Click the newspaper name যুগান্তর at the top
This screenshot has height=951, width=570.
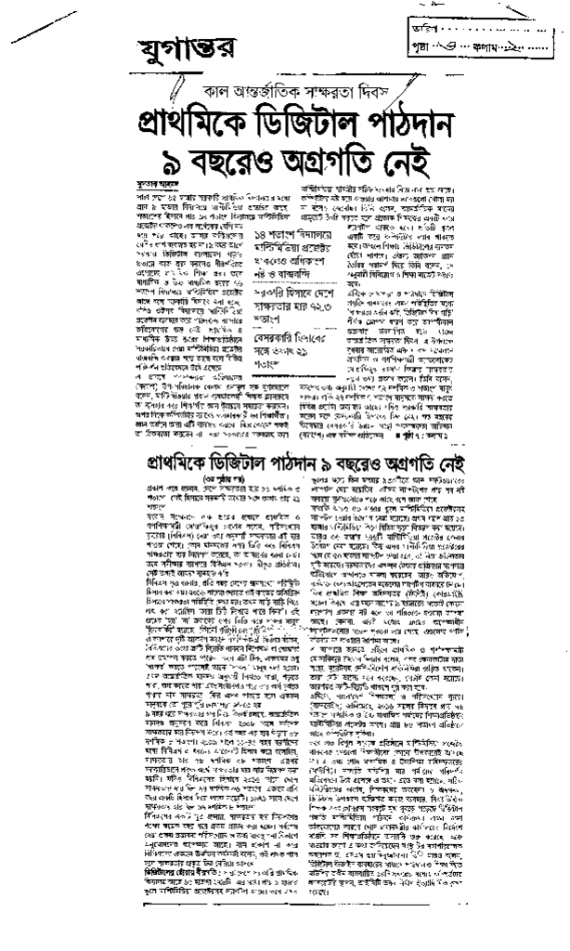171,44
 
